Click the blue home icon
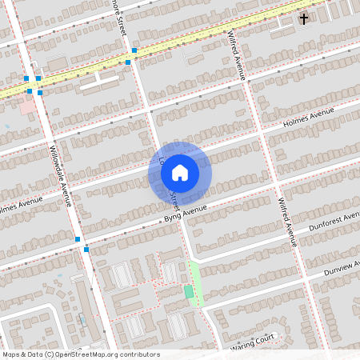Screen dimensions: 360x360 [180, 171]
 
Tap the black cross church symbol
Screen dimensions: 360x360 [304, 18]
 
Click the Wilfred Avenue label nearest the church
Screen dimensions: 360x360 [236, 55]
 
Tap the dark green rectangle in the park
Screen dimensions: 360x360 [189, 292]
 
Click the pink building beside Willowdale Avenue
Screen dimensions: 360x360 [27, 106]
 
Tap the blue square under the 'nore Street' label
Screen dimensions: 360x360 [134, 51]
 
